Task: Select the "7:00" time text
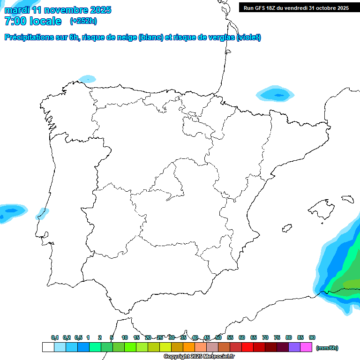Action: [x=15, y=21]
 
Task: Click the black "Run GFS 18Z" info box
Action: [x=296, y=8]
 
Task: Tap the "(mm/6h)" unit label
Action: [x=327, y=348]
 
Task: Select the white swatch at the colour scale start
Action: [x=48, y=347]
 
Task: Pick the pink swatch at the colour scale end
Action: [x=306, y=347]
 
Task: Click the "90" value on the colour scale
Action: [x=312, y=337]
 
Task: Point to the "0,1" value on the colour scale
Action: [x=55, y=337]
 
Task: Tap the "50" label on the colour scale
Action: [x=218, y=337]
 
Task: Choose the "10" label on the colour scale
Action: [x=125, y=337]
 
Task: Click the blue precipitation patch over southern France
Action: [x=277, y=94]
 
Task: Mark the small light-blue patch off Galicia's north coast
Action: [x=87, y=79]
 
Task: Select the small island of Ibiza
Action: [x=287, y=228]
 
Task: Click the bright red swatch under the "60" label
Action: [x=247, y=347]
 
